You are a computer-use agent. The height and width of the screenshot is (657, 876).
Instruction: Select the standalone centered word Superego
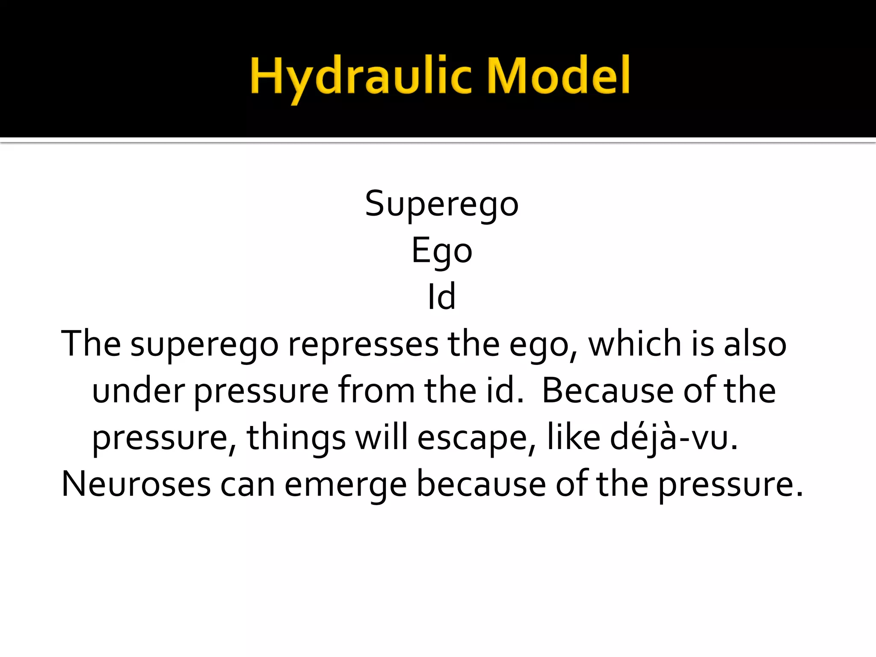[442, 204]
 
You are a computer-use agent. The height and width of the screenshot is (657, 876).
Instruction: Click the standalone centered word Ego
[442, 252]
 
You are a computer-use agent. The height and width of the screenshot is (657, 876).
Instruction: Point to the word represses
[363, 345]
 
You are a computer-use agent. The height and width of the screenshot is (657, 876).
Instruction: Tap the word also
[755, 344]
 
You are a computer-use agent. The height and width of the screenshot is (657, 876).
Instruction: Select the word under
[138, 391]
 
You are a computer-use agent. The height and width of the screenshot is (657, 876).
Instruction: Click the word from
[376, 391]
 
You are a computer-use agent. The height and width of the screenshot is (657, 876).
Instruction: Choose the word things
[296, 438]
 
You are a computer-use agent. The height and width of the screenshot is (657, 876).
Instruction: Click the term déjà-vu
[674, 438]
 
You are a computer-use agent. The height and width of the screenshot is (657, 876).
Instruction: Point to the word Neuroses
[136, 485]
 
